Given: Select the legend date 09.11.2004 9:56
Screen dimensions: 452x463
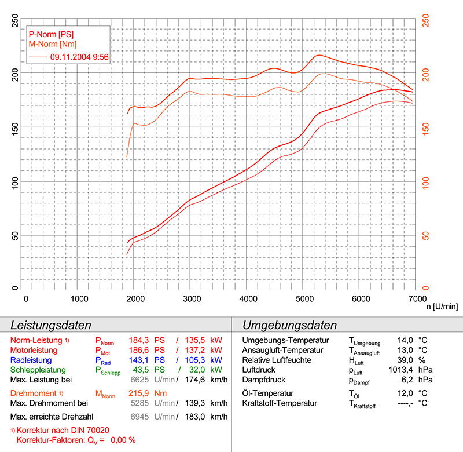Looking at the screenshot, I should click(x=80, y=57).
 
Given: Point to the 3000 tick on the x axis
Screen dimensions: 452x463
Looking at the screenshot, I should click(x=192, y=299).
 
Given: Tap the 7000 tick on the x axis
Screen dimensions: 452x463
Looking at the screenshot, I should click(x=415, y=299).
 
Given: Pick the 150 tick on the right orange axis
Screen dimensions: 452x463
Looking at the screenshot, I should click(x=426, y=126).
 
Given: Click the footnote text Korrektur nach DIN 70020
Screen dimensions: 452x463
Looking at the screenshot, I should click(x=64, y=431).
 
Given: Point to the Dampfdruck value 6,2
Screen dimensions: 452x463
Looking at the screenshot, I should click(x=406, y=380).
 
